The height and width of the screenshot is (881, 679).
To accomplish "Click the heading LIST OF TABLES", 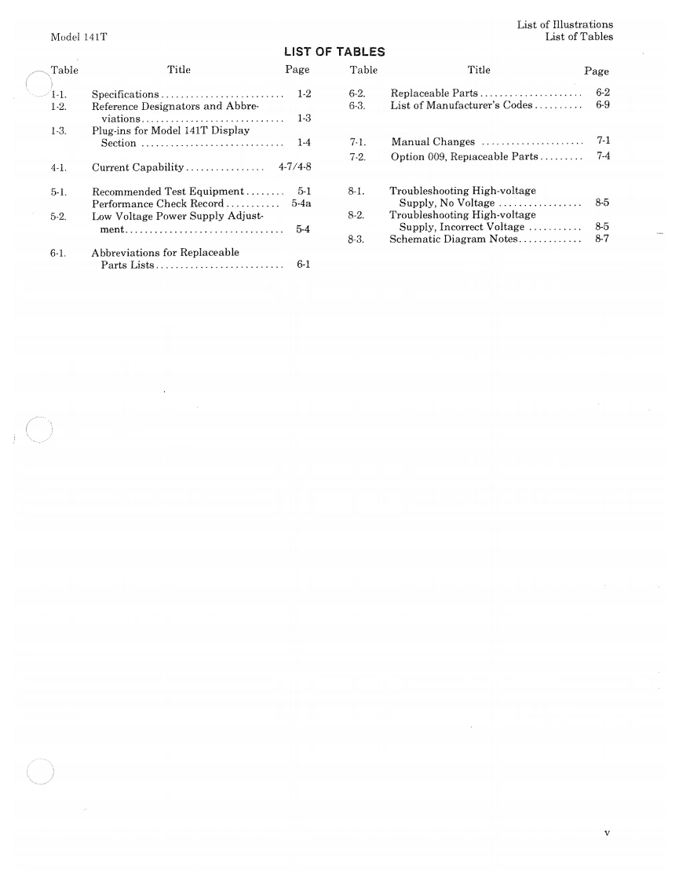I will pos(334,53).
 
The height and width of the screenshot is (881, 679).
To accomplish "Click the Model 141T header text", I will pos(78,37).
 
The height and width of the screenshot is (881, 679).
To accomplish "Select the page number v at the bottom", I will pos(607,832).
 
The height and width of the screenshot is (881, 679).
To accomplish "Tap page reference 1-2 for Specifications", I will pos(305,94).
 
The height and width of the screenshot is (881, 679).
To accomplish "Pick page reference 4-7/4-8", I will pos(295,167).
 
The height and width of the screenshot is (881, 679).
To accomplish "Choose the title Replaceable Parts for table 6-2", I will pos(434,93).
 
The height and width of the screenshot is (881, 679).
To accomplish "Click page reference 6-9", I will pos(603,105).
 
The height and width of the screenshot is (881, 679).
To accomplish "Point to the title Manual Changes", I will pos(433,142).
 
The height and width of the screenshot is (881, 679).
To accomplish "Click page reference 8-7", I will pos(603,239).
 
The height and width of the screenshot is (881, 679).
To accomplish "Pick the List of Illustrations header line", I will pos(564,25).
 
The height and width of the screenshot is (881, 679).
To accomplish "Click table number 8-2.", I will pos(356,214).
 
